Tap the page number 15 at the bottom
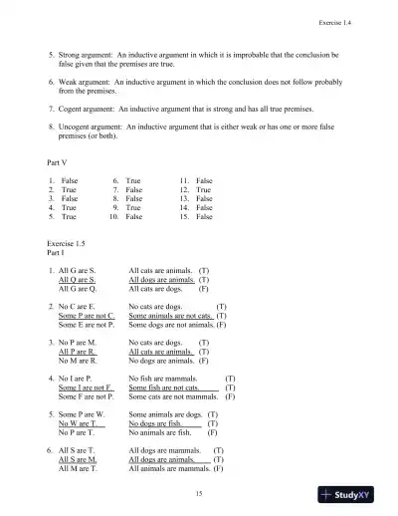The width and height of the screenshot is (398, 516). pyautogui.click(x=200, y=493)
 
